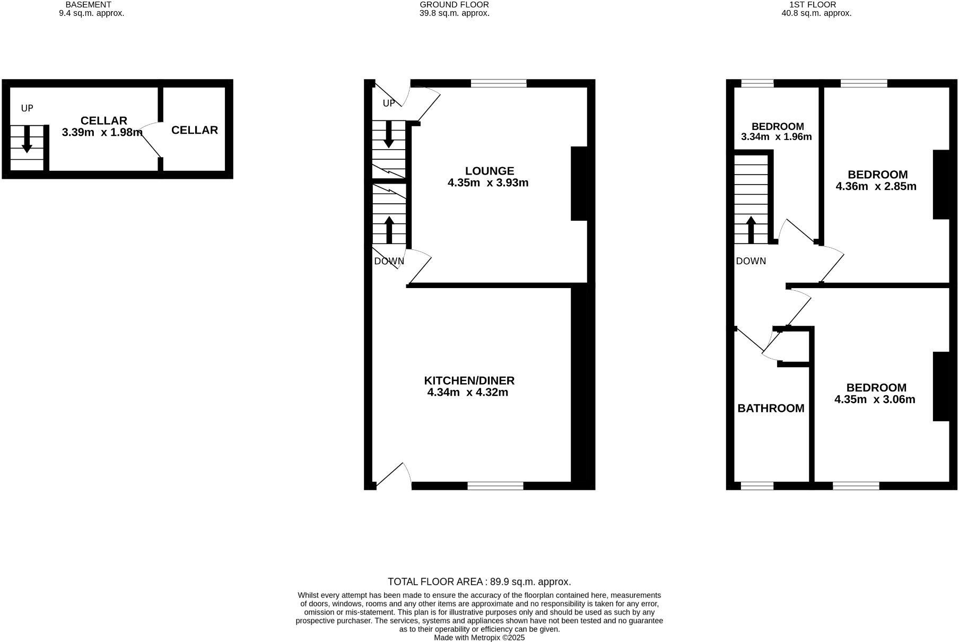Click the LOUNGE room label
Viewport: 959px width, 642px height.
(x=489, y=171)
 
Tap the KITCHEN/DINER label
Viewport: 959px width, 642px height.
(x=469, y=380)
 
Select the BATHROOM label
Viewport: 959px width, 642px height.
(x=771, y=408)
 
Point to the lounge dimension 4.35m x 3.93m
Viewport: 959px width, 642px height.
(x=488, y=183)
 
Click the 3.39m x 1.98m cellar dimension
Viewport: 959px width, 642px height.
(x=102, y=132)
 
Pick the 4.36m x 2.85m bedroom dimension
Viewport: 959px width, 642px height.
(x=876, y=186)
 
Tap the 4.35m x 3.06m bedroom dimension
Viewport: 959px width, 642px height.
(x=875, y=400)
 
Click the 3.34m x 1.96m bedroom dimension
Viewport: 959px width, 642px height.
(x=776, y=136)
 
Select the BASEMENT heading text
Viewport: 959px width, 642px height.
(x=88, y=5)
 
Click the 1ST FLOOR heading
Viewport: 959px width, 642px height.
(x=816, y=5)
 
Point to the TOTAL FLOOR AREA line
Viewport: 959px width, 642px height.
(x=479, y=582)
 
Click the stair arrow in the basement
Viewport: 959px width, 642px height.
(x=27, y=142)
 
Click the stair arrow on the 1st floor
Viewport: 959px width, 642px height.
(x=751, y=229)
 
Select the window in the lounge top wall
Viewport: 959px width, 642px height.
(x=499, y=83)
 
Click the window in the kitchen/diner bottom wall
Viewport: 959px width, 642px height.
(x=495, y=485)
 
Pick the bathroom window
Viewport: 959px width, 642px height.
(x=757, y=485)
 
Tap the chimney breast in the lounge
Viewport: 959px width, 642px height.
(x=579, y=183)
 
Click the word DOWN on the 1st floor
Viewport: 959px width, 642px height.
(x=751, y=261)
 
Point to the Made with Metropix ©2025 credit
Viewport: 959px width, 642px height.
(x=479, y=638)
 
